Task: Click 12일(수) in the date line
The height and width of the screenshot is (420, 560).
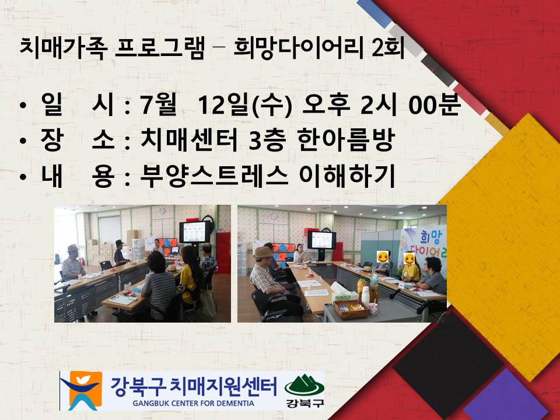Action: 245,106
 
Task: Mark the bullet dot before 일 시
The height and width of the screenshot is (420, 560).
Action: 22,107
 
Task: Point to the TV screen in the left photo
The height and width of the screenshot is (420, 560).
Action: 195,232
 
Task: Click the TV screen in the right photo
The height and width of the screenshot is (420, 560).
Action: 321,239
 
